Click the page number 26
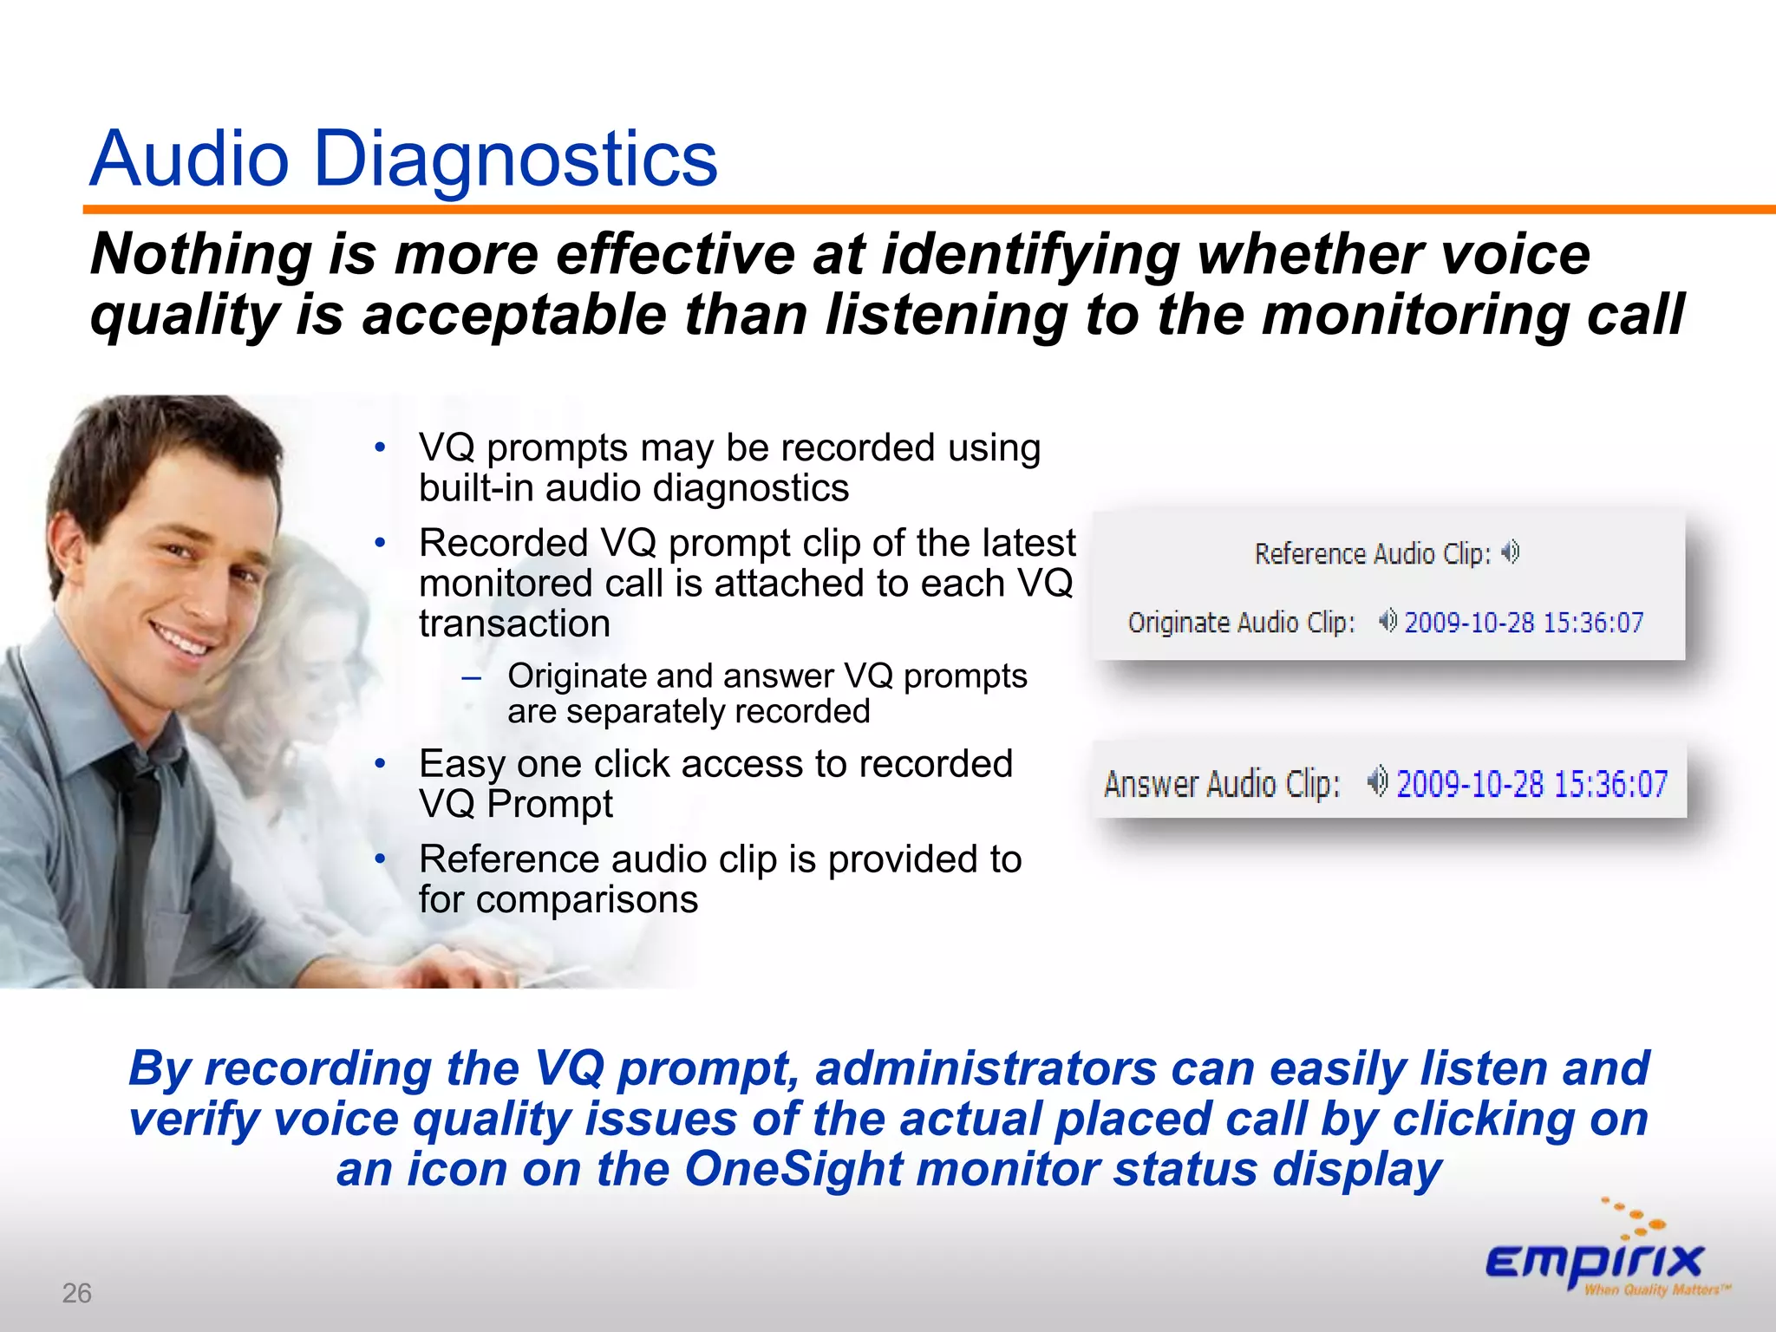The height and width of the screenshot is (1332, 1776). tap(76, 1293)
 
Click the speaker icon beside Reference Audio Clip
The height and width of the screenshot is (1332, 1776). tap(1511, 552)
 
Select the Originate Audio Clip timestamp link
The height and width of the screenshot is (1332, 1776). tap(1524, 623)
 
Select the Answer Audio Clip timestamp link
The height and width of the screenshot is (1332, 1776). tap(1531, 784)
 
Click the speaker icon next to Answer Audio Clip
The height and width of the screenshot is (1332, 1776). tap(1378, 781)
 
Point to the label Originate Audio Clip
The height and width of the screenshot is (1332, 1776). tap(1241, 623)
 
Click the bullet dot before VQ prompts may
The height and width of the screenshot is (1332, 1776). tap(380, 447)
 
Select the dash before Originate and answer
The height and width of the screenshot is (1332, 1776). tap(471, 677)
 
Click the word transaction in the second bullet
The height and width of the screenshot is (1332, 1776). tap(514, 624)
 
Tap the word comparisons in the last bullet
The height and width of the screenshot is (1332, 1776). tap(587, 900)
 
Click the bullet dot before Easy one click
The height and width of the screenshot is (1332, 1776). tap(380, 764)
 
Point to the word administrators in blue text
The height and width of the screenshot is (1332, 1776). tap(986, 1068)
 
